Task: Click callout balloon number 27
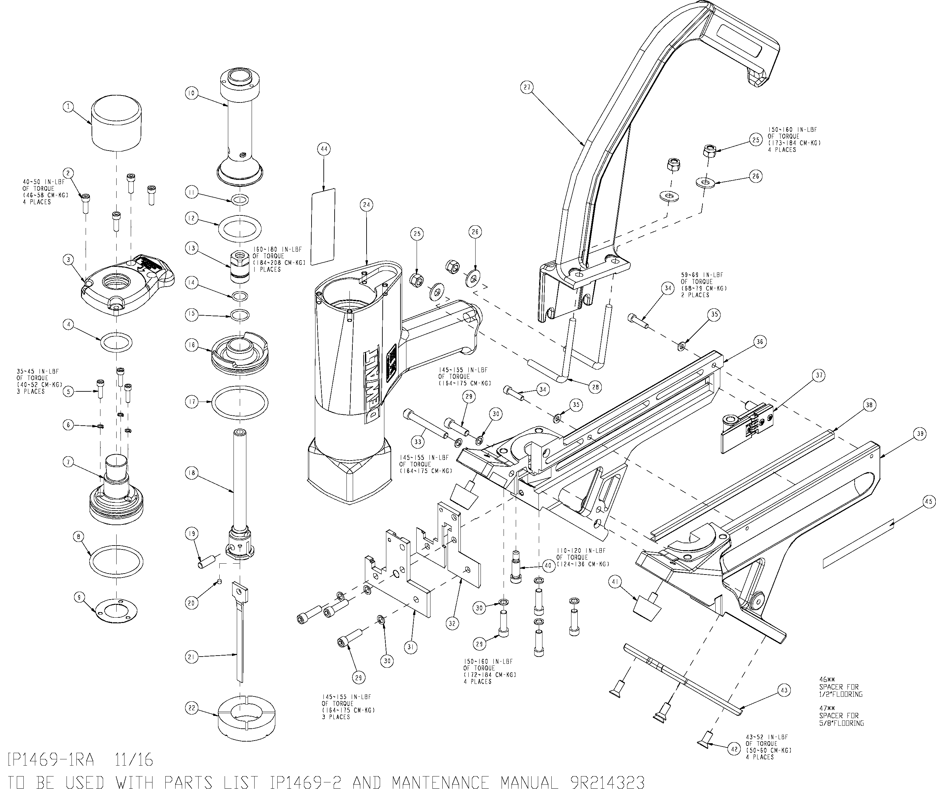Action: click(x=527, y=87)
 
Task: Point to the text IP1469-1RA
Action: click(x=51, y=759)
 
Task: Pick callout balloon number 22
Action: click(x=192, y=708)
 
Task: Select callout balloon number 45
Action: click(x=929, y=502)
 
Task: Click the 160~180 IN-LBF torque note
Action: click(x=279, y=259)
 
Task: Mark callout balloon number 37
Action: click(x=819, y=375)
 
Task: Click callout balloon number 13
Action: click(x=192, y=248)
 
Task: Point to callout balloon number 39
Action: click(x=920, y=434)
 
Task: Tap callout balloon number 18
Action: click(x=192, y=473)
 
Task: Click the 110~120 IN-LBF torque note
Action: click(x=583, y=557)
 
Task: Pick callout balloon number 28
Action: click(x=595, y=387)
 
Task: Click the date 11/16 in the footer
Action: click(x=134, y=759)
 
